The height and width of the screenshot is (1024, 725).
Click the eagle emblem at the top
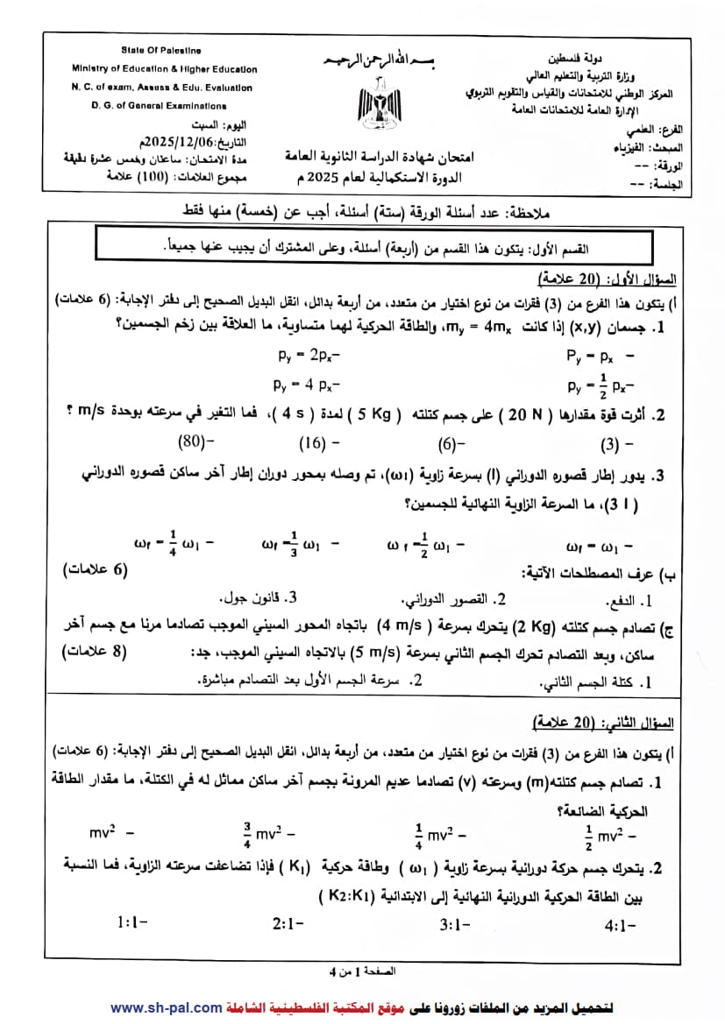(x=380, y=101)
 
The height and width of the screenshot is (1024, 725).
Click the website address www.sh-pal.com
(x=166, y=1008)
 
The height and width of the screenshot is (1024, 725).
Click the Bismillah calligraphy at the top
(x=380, y=61)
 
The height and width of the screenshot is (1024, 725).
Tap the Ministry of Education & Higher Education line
(x=164, y=69)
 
